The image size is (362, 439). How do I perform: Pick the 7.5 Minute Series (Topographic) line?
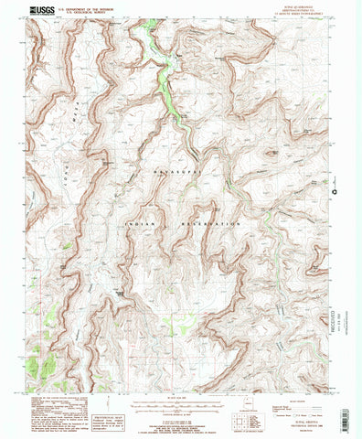307,15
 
